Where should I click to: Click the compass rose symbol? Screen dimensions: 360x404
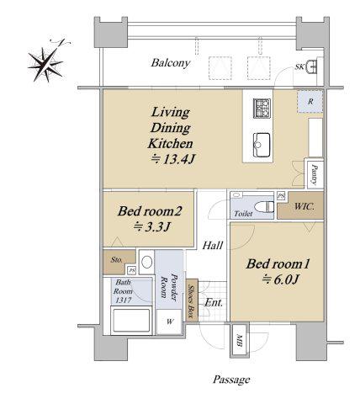coord(46,63)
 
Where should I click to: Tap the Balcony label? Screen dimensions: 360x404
coord(171,63)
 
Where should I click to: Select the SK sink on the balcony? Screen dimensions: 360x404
coord(311,66)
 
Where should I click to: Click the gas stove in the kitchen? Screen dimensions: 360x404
coord(262,108)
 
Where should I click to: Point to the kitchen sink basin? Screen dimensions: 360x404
coord(262,145)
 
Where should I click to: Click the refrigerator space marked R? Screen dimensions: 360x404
coord(310,101)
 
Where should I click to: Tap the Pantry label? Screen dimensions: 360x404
coord(315,175)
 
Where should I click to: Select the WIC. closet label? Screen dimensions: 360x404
coord(304,207)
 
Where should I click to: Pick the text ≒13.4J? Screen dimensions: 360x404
coord(172,160)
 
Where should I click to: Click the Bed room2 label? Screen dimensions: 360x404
coord(150,211)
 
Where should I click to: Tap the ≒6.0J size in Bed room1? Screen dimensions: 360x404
coord(279,279)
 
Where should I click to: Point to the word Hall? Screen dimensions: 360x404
coord(213,246)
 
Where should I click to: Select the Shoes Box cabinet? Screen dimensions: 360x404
coord(192,300)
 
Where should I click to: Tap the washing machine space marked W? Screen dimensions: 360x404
coord(169,322)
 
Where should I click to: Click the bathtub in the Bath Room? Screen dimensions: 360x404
coord(131,321)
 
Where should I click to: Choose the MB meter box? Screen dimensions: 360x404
coord(239,341)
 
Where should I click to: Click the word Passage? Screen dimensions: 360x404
coord(231,380)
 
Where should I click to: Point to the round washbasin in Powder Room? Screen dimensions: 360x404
coord(146,262)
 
